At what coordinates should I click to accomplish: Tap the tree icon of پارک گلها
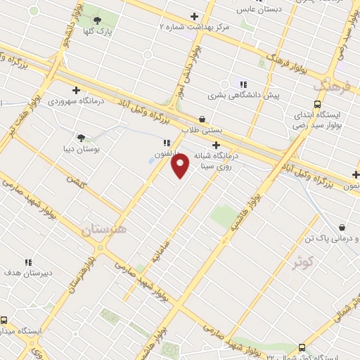tap(97, 20)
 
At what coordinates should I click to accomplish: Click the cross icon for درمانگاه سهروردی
tap(77, 90)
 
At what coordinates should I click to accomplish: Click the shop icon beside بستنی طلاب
tap(202, 119)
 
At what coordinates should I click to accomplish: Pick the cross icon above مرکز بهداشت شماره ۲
tap(194, 16)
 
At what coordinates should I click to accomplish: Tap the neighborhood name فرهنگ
tap(334, 87)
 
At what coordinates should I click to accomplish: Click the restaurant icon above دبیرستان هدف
tap(28, 262)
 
